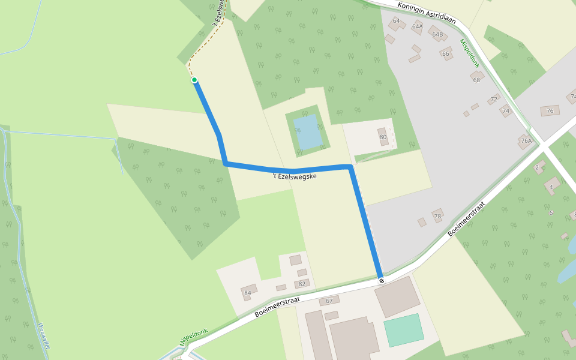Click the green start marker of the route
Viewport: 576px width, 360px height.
194,80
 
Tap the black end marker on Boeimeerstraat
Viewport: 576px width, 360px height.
381,281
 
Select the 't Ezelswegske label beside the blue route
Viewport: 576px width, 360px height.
294,176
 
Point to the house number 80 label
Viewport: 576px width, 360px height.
383,137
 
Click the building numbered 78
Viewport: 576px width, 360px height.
437,216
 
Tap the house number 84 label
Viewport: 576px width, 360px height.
247,293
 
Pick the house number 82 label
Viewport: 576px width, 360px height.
302,284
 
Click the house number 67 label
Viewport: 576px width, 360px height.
329,301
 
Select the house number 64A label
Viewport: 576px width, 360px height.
418,26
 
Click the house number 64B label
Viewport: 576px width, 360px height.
437,34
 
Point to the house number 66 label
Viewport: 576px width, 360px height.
446,53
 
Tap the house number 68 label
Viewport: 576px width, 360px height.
477,80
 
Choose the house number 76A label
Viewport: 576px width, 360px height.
526,141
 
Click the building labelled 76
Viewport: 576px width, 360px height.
550,111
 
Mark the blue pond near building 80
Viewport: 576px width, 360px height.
308,132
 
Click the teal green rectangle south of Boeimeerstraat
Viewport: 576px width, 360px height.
403,330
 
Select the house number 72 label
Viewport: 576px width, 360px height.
494,99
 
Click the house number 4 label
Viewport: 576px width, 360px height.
551,187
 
